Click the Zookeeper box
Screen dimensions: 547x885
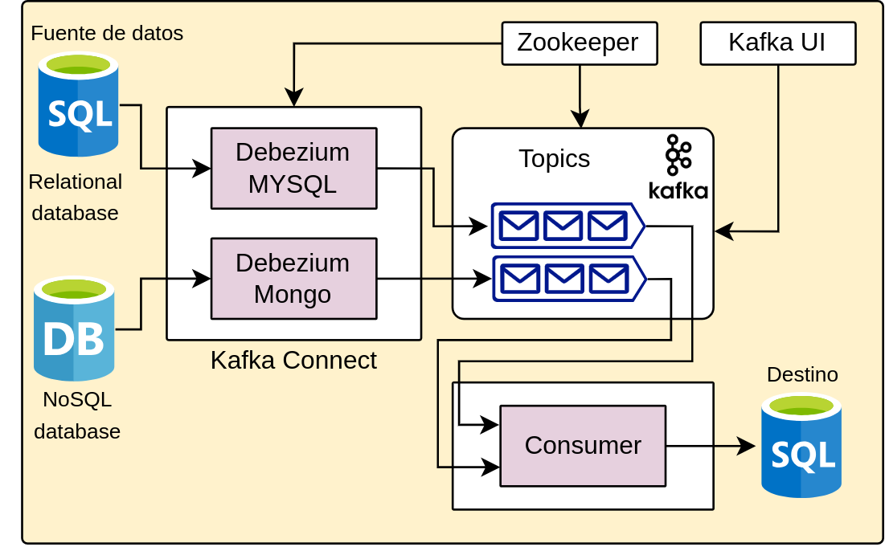pos(579,43)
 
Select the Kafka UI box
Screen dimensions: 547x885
pos(777,43)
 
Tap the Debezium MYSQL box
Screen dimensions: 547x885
pos(293,168)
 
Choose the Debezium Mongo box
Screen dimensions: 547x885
pos(293,278)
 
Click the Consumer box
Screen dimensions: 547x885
pos(583,445)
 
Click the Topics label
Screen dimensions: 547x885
pos(554,158)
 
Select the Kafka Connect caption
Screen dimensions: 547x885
pos(293,360)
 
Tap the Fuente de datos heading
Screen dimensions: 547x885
pos(107,33)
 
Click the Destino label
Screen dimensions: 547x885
pos(801,374)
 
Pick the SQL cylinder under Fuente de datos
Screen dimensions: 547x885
pos(79,104)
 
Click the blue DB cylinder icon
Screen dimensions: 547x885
pos(73,329)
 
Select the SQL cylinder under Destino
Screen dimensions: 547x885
pos(801,446)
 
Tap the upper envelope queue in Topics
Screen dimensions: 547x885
pos(567,226)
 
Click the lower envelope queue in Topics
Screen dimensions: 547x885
pos(569,279)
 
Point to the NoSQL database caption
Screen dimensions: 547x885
pos(77,415)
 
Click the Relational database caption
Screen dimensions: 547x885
pos(75,198)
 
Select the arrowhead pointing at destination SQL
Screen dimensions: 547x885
pos(747,446)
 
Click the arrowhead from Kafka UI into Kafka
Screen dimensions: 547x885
pos(723,231)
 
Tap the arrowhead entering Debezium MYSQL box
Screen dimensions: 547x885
pos(202,169)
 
